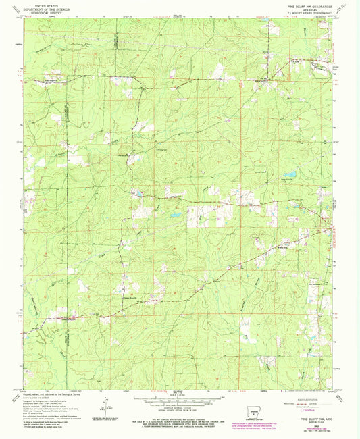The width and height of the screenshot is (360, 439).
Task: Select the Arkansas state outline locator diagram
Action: click(255, 407)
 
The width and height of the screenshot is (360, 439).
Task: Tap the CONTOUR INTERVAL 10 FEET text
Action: click(177, 408)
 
